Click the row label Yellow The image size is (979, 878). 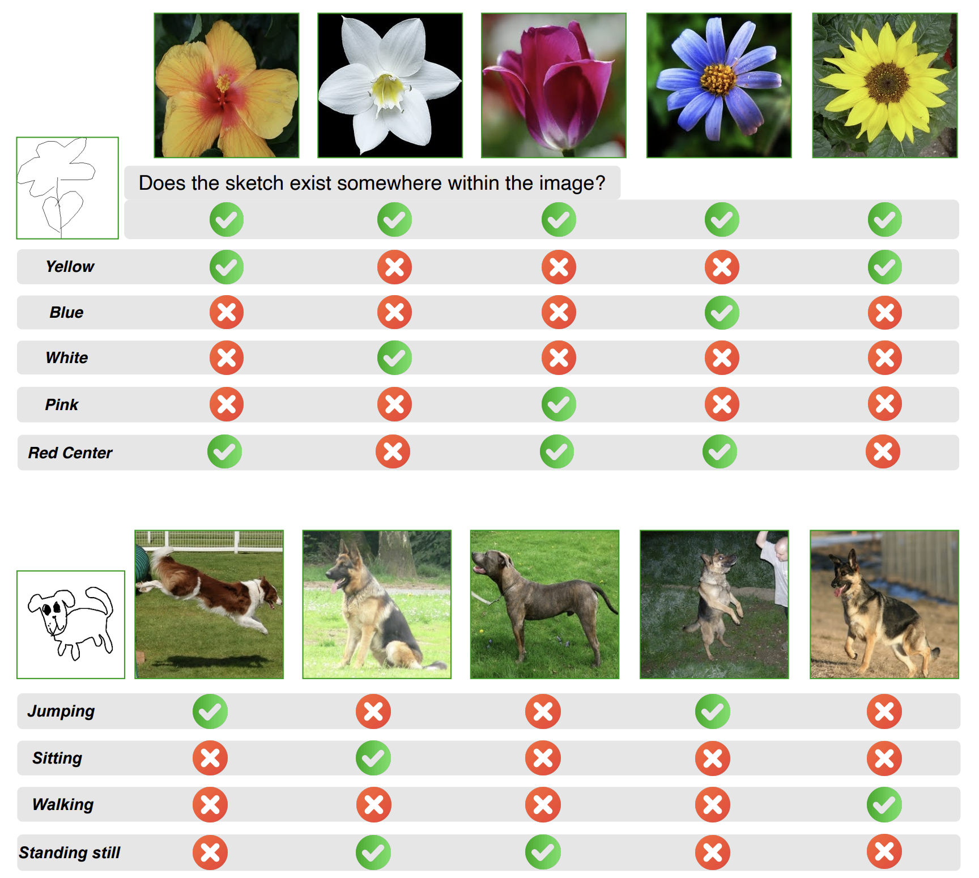point(70,267)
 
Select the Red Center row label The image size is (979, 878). point(70,453)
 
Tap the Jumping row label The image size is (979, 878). point(61,711)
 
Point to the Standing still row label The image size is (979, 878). point(70,853)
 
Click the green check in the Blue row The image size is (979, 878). point(722,312)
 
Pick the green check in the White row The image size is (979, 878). point(394,357)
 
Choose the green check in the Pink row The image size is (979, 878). point(559,404)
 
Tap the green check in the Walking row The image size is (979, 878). point(884,804)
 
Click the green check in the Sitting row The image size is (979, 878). point(373,758)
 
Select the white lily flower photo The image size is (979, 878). point(390,86)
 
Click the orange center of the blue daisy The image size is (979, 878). point(718,79)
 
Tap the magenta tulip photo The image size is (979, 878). point(554,86)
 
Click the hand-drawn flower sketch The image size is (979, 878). point(67,188)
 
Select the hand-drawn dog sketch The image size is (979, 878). point(71,625)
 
